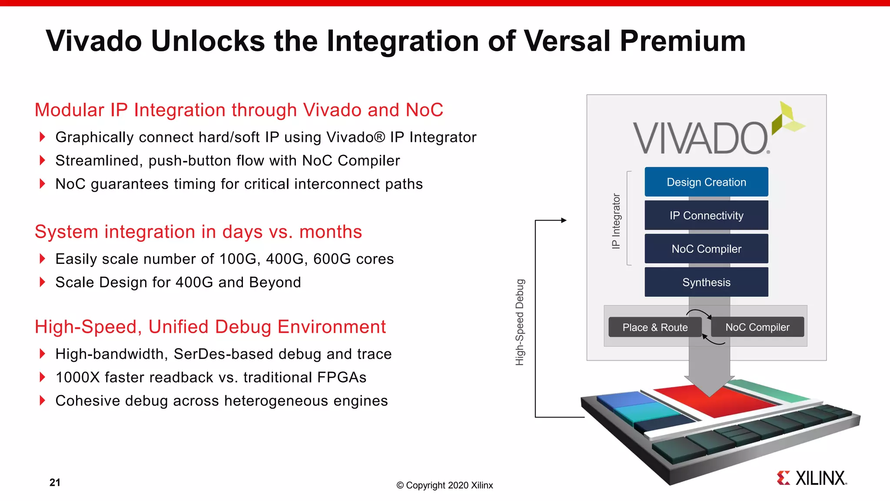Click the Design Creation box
pos(706,182)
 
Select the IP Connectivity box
pos(706,215)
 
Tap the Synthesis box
pos(706,282)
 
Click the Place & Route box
pos(655,327)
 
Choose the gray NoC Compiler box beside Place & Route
pos(757,327)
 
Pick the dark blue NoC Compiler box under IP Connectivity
pos(706,249)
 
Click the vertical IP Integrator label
pos(616,221)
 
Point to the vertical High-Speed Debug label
pos(520,322)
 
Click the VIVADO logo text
pos(701,138)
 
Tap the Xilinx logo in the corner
pos(812,478)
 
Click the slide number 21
pos(55,482)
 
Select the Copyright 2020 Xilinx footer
pos(445,485)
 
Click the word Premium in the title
pos(682,41)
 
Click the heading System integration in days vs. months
pos(198,232)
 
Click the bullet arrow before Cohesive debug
pos(42,401)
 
